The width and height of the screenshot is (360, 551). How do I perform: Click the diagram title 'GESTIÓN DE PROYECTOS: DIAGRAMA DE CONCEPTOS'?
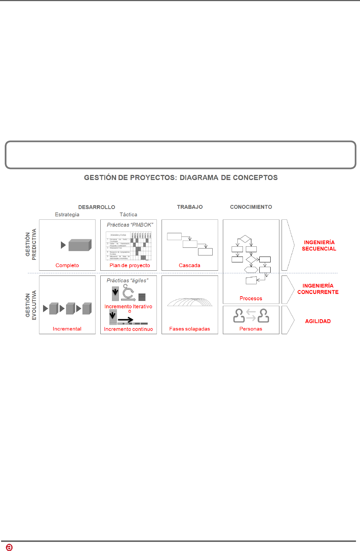tap(181, 178)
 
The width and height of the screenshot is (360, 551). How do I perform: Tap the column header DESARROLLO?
tap(97, 207)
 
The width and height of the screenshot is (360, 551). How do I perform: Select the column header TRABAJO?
tap(190, 207)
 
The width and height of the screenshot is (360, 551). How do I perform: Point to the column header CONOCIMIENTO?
tap(251, 207)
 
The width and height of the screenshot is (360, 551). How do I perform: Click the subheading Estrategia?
tap(67, 215)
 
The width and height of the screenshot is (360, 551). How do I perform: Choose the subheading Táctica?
tap(128, 215)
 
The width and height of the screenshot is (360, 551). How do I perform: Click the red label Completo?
tap(67, 265)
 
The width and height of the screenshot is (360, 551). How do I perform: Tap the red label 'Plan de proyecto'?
tap(130, 265)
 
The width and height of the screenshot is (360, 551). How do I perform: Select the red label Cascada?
tap(189, 265)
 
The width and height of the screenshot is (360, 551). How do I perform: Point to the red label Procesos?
tap(251, 298)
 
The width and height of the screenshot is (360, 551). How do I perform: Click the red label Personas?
tap(251, 329)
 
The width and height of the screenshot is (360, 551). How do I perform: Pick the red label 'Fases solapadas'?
tap(190, 329)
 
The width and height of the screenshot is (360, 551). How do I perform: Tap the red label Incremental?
tap(67, 329)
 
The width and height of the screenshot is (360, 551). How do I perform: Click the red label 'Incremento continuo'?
tap(128, 329)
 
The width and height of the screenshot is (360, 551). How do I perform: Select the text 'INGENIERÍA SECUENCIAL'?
tap(319, 246)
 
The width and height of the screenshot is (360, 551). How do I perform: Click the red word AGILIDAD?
tap(318, 321)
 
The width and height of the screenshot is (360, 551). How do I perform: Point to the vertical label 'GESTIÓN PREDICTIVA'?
tap(31, 244)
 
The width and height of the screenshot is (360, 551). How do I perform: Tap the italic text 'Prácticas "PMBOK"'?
tap(130, 225)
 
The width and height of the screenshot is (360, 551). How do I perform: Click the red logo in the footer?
tap(9, 547)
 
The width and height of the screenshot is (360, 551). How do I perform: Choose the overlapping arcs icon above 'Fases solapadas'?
tap(190, 302)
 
